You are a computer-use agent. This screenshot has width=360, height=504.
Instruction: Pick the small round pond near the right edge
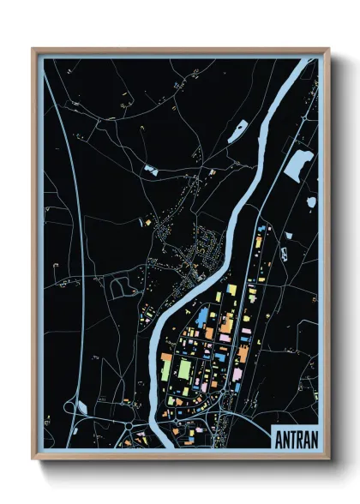point(311,202)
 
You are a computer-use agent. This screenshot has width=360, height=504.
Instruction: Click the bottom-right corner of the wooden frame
point(328,459)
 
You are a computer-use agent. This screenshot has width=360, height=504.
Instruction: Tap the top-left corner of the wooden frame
point(33,49)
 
